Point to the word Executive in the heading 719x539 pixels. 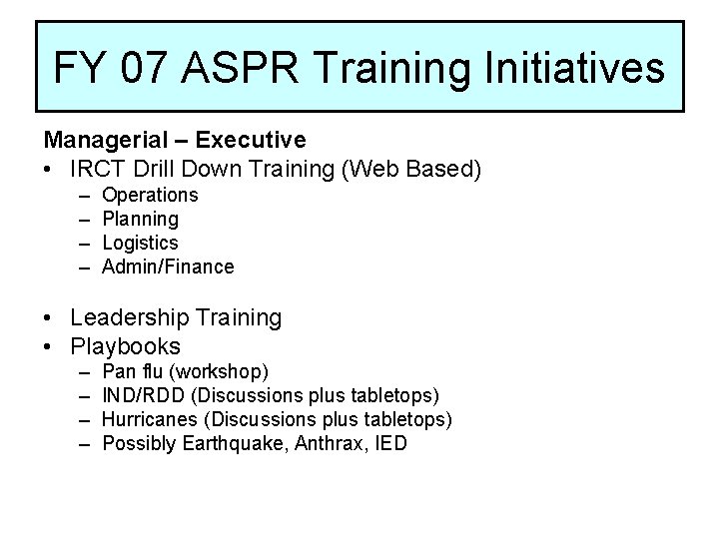(252, 140)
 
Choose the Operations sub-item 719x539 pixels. (150, 195)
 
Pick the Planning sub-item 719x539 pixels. (140, 219)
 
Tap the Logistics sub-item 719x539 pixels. (140, 243)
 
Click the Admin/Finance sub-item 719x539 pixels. (168, 267)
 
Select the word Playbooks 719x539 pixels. (126, 346)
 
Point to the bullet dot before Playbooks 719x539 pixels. (48, 347)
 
